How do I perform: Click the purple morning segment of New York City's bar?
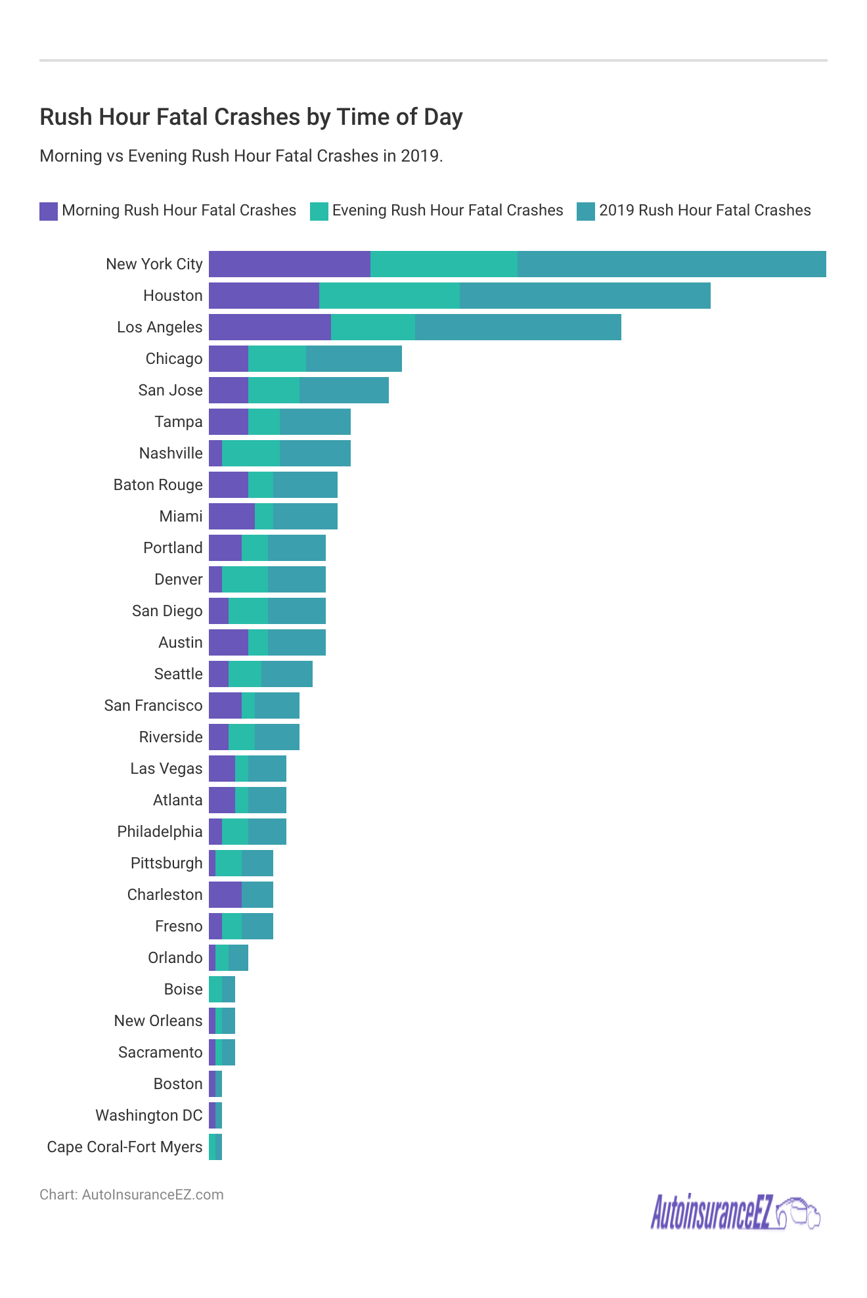click(x=289, y=264)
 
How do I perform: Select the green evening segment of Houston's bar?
click(x=389, y=296)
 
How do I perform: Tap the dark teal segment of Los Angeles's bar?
click(x=518, y=327)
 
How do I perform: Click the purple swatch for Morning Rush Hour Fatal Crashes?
click(x=49, y=211)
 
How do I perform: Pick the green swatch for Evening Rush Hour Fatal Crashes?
click(x=319, y=211)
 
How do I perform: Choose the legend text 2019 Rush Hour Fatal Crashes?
click(x=705, y=210)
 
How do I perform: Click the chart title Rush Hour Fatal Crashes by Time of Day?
click(x=251, y=117)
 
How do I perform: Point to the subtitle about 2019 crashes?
click(x=241, y=156)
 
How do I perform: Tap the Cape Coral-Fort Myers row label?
click(x=125, y=1147)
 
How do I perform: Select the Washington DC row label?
click(x=149, y=1115)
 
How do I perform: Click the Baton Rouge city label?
click(x=158, y=485)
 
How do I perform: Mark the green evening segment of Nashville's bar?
click(x=251, y=453)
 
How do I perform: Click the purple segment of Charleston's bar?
click(x=225, y=895)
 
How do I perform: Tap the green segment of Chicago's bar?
click(x=277, y=359)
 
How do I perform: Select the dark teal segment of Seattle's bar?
click(x=286, y=674)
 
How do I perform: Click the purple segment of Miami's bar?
click(x=231, y=516)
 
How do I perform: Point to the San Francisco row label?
click(x=153, y=705)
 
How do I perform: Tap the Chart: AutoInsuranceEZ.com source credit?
click(x=131, y=1194)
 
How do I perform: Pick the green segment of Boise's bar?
click(x=215, y=989)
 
